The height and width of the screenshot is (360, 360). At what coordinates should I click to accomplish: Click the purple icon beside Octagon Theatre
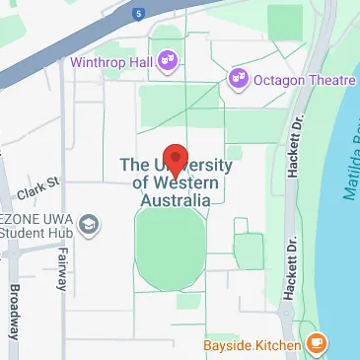tap(237, 76)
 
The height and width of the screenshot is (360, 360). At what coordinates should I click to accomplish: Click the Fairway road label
tap(62, 267)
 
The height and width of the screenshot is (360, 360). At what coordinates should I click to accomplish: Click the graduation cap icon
tap(90, 225)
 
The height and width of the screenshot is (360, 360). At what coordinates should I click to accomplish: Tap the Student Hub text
tap(38, 234)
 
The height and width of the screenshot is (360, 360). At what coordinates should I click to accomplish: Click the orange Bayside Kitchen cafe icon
tap(316, 343)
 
